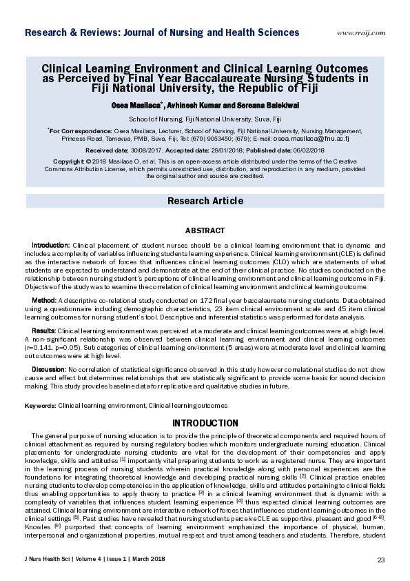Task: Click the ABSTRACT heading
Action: [205, 230]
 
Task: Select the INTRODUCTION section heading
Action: [205, 423]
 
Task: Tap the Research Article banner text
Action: [205, 201]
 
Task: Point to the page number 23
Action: [381, 559]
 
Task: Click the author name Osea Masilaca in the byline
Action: [156, 104]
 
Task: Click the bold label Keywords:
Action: [40, 406]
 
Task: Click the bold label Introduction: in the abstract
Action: [51, 245]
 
